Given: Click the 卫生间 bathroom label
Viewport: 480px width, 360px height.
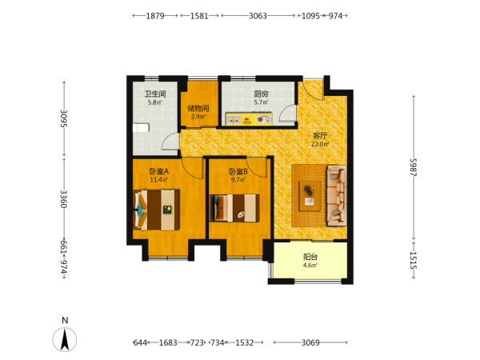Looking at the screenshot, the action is click(x=155, y=94).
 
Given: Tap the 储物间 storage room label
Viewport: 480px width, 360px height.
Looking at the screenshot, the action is click(x=198, y=108).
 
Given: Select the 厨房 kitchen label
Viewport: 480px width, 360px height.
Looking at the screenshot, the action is click(x=261, y=94).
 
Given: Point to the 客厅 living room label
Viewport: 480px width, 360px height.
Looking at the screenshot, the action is click(x=320, y=136).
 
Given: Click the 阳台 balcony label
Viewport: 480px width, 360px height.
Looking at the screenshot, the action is click(x=310, y=257).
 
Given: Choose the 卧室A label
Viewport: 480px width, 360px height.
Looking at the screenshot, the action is click(x=159, y=171).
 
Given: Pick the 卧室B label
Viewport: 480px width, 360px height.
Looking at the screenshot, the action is click(x=238, y=171).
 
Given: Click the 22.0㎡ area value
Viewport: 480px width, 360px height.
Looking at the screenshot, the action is click(x=320, y=144).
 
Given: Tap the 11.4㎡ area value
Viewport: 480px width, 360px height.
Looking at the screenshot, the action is click(x=159, y=180).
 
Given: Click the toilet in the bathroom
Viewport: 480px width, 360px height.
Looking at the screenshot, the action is click(x=141, y=128).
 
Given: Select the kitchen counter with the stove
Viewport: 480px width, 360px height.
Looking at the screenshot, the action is click(x=249, y=118).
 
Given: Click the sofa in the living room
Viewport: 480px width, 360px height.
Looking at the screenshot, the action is click(x=337, y=196).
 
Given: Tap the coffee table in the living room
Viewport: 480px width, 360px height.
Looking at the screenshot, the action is click(x=310, y=196).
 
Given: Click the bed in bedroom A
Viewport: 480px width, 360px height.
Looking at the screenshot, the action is click(x=157, y=210).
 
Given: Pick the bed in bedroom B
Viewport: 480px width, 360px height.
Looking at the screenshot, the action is click(x=234, y=208).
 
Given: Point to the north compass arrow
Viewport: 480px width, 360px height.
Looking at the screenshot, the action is click(x=65, y=339).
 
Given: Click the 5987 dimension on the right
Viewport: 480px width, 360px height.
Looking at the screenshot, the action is click(x=414, y=167).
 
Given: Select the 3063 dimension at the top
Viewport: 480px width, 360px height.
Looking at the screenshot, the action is click(x=258, y=16).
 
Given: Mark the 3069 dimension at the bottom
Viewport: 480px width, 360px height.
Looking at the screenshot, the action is click(x=310, y=342).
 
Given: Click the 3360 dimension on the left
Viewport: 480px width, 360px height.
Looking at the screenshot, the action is click(x=64, y=199).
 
